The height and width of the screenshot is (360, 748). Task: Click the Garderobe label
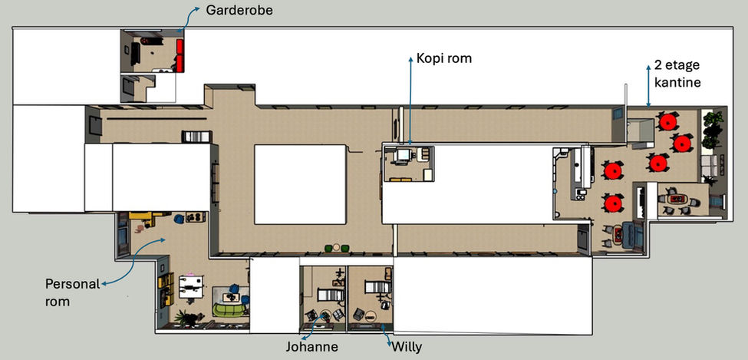point(239,10)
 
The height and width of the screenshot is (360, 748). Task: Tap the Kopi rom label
point(443,58)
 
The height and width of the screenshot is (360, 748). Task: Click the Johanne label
point(312,346)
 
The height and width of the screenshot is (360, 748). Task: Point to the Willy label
point(407,346)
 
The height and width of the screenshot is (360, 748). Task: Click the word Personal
point(73,284)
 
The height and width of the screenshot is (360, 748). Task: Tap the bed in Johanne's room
point(330,295)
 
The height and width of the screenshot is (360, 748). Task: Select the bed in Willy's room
point(377,287)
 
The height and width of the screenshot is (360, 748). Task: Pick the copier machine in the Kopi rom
point(403,155)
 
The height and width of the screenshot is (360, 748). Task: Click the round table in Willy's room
point(371,315)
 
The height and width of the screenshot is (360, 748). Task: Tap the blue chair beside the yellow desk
point(179,220)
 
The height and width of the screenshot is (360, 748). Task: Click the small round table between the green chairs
point(337,247)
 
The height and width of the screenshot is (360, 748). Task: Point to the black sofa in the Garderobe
point(136,53)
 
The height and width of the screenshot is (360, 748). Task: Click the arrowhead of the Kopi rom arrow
point(410,59)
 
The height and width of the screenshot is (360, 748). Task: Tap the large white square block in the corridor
point(300,184)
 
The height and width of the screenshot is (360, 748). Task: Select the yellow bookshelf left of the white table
point(166,289)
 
